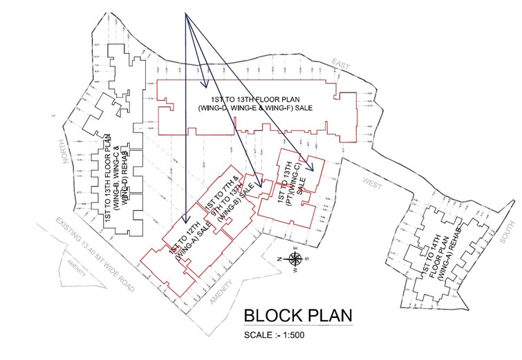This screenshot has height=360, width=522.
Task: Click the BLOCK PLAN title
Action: tap(298, 316)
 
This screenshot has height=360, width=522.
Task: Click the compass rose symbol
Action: tap(295, 259)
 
